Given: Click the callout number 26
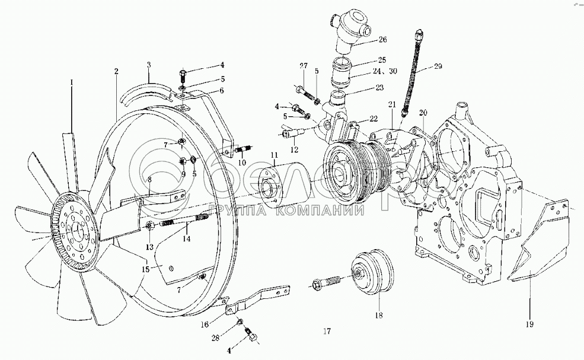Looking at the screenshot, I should (382, 41).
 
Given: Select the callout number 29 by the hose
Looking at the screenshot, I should (438, 66).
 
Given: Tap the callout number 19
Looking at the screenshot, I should (529, 324).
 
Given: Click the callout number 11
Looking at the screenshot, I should (274, 155).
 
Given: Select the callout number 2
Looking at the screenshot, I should (117, 71).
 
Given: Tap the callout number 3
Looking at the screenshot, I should (149, 63).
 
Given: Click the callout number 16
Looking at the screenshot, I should (205, 325).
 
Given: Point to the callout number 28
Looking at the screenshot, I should (216, 337).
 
